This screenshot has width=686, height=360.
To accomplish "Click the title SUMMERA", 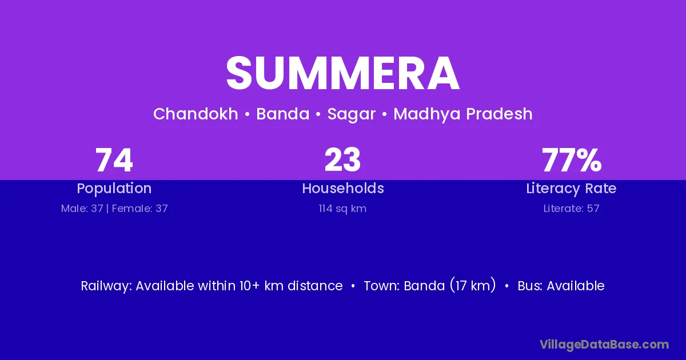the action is [342, 73].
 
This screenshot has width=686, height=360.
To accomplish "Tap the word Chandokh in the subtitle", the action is [196, 114].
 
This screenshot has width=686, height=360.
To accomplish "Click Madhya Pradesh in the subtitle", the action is [462, 114].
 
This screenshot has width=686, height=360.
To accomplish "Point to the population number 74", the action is [114, 160].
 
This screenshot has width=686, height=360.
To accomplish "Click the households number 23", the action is [342, 160].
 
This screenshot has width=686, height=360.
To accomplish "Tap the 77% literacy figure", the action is [572, 160].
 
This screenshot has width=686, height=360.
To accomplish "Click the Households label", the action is [343, 188].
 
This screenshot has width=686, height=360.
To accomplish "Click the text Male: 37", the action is [82, 209].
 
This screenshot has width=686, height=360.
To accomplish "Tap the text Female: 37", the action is [140, 209].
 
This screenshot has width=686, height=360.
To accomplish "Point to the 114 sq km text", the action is [342, 209].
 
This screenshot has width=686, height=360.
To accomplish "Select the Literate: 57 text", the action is [572, 209].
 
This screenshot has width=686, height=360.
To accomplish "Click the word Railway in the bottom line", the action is [106, 286].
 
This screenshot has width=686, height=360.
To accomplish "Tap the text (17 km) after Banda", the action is [473, 285].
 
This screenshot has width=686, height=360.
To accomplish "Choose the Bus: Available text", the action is [561, 286].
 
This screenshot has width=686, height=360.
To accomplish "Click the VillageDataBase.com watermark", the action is [604, 345].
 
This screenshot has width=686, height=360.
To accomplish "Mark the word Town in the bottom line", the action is [382, 286].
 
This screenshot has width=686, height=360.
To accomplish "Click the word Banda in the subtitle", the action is [282, 114].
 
